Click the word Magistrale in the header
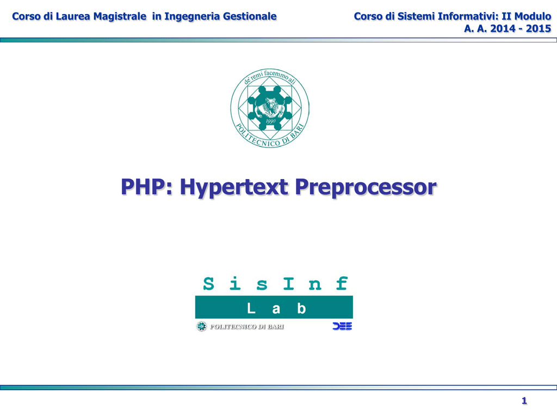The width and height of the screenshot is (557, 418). (120, 17)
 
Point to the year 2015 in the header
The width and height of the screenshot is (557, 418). (539, 28)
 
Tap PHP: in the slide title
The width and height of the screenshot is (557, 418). (146, 187)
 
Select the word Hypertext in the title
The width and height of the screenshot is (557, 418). (234, 188)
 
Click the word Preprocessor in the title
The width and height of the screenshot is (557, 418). (366, 188)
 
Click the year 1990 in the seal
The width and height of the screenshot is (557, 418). (270, 121)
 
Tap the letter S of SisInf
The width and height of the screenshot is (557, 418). (208, 284)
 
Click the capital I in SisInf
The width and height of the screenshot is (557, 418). (288, 284)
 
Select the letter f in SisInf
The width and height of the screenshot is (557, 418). (342, 283)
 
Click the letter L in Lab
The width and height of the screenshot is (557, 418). (251, 308)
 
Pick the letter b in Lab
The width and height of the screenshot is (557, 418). (301, 308)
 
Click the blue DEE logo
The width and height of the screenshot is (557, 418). (342, 326)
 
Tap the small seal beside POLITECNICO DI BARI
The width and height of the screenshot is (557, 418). (201, 327)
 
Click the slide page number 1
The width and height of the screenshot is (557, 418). (524, 401)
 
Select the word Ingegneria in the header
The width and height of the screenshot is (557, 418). (192, 17)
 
